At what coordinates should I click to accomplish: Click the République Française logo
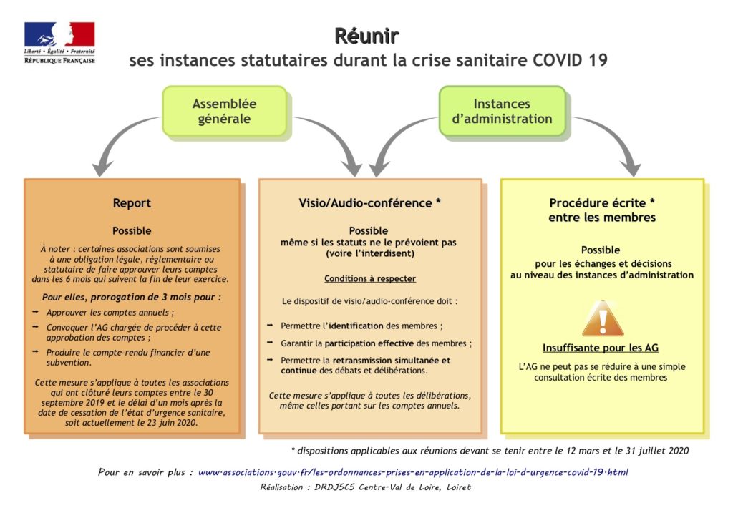[x=59, y=42]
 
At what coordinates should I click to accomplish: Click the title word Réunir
[x=366, y=36]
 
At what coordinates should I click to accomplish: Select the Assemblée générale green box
[x=224, y=111]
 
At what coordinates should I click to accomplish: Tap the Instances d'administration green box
[x=502, y=111]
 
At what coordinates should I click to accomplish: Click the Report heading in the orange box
[x=132, y=203]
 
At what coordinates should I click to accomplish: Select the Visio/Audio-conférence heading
[x=370, y=203]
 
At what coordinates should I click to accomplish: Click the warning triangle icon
[x=603, y=319]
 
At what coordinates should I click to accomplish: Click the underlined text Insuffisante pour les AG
[x=601, y=348]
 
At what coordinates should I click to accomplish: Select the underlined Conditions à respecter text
[x=370, y=279]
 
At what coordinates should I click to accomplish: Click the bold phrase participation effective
[x=369, y=343]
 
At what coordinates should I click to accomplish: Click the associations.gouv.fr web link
[x=413, y=472]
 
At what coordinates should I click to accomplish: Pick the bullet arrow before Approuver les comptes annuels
[x=36, y=311]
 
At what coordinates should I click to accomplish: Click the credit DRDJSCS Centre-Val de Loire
[x=392, y=487]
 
